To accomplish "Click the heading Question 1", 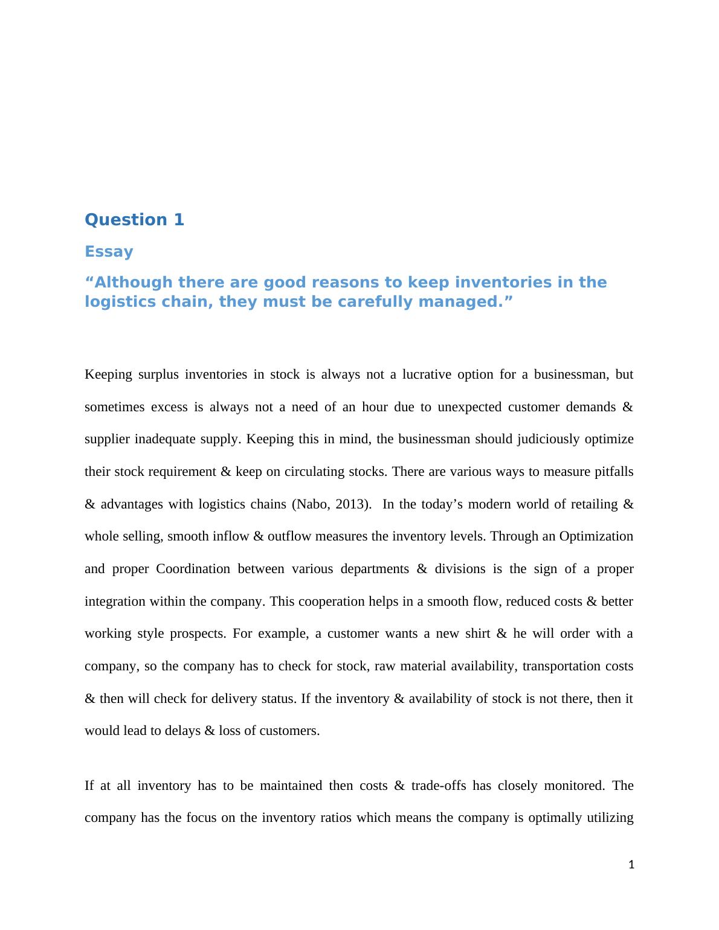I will click(x=134, y=220).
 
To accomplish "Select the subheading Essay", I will click(x=109, y=251).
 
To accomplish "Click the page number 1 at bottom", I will click(x=631, y=865).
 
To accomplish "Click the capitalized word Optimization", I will click(x=596, y=536).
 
